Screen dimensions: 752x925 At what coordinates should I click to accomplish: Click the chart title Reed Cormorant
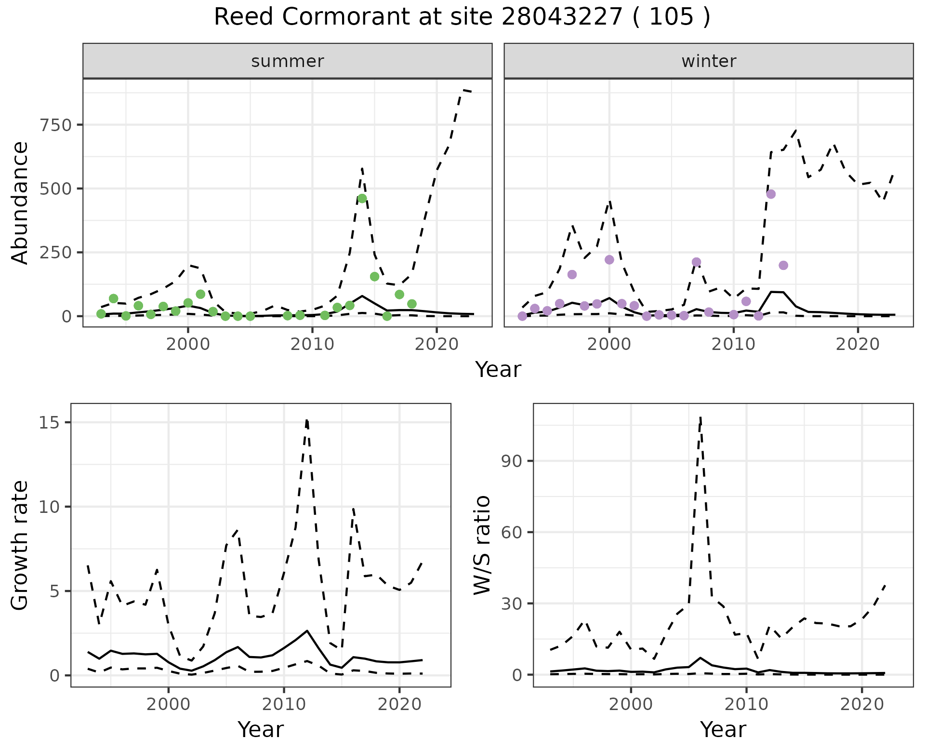point(462,17)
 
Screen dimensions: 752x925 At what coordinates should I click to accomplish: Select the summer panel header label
point(288,61)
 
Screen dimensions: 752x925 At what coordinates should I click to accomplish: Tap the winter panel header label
point(709,61)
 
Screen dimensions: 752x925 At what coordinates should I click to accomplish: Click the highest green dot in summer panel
point(362,199)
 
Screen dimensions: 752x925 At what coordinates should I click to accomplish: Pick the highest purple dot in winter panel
point(771,194)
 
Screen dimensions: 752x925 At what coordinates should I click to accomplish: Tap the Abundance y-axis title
point(20,202)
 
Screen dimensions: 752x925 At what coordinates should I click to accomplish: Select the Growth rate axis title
point(20,545)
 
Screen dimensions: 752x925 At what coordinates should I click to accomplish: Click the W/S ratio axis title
point(482,545)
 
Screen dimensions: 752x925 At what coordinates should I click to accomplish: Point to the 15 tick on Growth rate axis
point(51,423)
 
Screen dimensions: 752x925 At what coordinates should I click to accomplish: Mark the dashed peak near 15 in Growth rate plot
point(307,420)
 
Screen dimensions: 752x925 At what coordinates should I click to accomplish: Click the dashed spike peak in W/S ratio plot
point(700,417)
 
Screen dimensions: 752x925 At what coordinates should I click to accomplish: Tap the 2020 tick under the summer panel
point(436,344)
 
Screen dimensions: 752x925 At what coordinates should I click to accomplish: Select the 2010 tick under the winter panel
point(733,344)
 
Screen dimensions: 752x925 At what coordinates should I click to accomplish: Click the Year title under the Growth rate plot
point(261,729)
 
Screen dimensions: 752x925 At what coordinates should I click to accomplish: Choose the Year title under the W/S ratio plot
point(723,729)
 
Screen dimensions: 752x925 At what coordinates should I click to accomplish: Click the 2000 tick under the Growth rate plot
point(169,704)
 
